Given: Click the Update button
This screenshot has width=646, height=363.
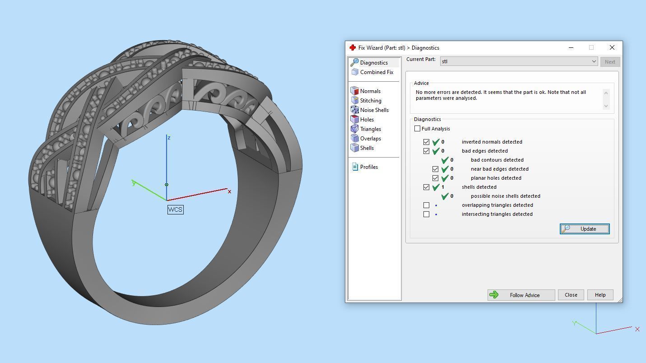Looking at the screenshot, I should point(585,229).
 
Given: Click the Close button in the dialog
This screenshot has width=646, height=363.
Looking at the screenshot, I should point(571,295).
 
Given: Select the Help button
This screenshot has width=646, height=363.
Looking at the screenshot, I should point(600,295).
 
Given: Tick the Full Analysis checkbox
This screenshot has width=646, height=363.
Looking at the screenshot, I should point(418,129).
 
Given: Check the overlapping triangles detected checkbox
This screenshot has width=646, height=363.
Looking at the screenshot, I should point(426,205).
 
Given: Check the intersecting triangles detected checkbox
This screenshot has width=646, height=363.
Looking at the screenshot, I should point(426,214).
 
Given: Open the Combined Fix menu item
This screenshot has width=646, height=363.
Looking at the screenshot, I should point(376,72).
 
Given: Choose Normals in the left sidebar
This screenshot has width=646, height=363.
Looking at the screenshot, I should point(370,91).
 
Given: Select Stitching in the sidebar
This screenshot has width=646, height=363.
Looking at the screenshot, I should point(370,101).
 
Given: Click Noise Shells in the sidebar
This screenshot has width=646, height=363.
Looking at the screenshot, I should point(374,110).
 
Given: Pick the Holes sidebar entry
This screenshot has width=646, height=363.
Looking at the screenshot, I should point(367,120).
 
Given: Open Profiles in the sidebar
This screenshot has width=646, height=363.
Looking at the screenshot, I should point(368,167).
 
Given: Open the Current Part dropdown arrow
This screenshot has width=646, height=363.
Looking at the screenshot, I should point(594,61).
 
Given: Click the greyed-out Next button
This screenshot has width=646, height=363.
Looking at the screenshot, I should point(609,62).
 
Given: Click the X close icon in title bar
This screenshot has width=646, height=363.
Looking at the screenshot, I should point(612,47).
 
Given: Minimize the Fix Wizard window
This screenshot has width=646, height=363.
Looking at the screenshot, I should point(571,47).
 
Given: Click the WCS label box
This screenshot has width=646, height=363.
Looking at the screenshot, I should point(175,209).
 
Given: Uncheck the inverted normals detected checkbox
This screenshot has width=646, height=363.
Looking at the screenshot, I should point(426,142).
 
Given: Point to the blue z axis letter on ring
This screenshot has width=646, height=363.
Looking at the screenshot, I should point(169,138).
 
